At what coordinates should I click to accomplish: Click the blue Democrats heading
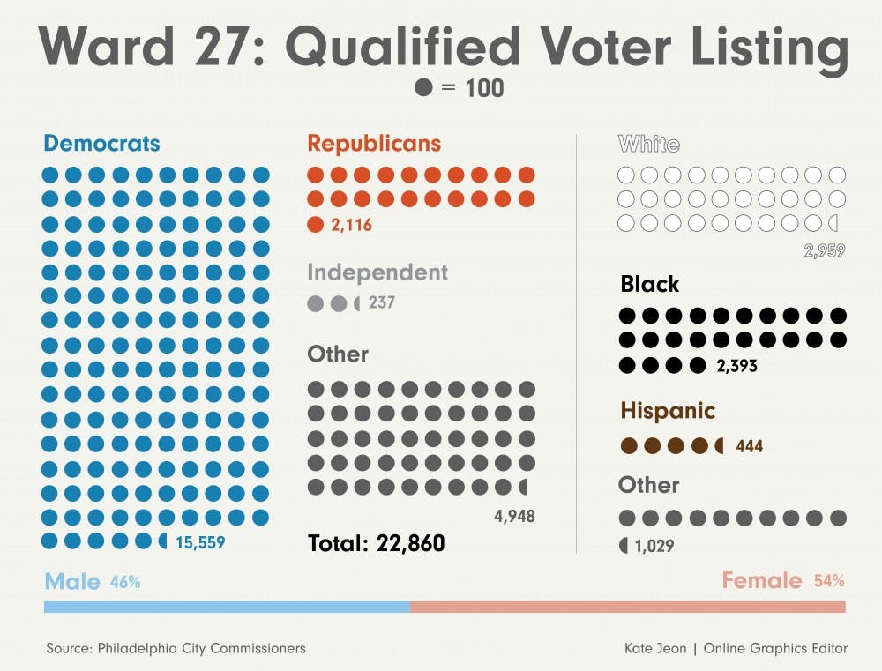(101, 143)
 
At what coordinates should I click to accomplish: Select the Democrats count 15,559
(200, 543)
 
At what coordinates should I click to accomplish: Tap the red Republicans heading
(374, 143)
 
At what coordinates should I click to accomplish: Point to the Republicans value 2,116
(352, 226)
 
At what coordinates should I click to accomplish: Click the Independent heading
(377, 272)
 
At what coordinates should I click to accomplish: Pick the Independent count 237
(382, 303)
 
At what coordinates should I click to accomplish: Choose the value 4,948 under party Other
(513, 516)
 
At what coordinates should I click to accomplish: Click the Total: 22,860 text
(377, 543)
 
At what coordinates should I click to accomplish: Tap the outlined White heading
(649, 143)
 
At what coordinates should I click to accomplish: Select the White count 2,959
(824, 251)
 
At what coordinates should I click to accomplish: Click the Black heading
(650, 284)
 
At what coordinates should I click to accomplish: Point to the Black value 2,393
(736, 365)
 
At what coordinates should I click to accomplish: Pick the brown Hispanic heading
(668, 411)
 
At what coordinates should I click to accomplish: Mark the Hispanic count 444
(749, 446)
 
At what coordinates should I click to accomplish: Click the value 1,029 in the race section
(654, 547)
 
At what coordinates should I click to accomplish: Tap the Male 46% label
(92, 581)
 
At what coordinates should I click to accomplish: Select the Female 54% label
(783, 581)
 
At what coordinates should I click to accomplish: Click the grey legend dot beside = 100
(423, 88)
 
